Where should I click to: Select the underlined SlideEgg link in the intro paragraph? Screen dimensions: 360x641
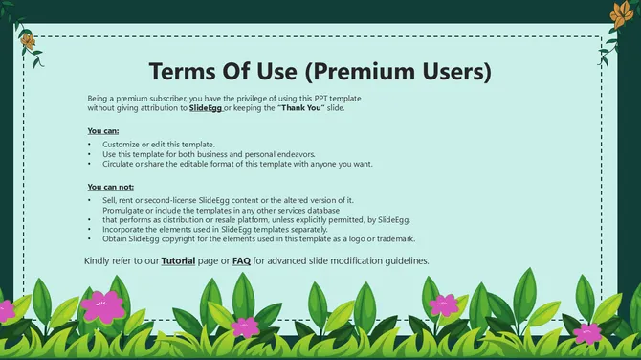[x=206, y=108]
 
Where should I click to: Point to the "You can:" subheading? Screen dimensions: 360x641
[x=103, y=130]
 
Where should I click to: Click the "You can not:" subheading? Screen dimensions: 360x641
[x=111, y=187]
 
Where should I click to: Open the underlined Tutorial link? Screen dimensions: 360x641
[x=178, y=260]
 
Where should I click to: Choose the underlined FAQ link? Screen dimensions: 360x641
[x=241, y=260]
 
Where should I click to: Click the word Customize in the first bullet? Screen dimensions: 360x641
[x=122, y=144]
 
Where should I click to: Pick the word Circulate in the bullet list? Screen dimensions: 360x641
[x=121, y=164]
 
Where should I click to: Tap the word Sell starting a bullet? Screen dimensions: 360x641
[x=110, y=200]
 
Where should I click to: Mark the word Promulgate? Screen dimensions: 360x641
[x=125, y=210]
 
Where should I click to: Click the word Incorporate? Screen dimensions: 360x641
[x=125, y=229]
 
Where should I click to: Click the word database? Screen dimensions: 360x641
[x=317, y=210]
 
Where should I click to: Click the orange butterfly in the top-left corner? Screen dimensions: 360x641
[x=29, y=41]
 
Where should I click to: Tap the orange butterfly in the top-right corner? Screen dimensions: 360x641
[x=616, y=12]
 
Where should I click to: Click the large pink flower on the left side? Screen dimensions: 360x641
[x=102, y=306]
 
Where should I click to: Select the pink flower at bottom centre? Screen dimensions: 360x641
[x=245, y=326]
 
